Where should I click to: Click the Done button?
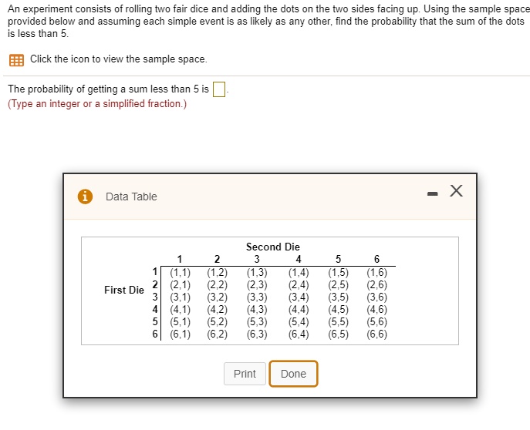[x=293, y=374]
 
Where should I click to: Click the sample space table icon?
[x=16, y=59]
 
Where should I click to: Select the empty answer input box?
[x=218, y=89]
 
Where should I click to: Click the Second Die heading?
[x=272, y=247]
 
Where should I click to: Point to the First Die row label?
[x=123, y=291]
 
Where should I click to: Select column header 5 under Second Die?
[x=338, y=259]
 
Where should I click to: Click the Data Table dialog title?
[x=131, y=197]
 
